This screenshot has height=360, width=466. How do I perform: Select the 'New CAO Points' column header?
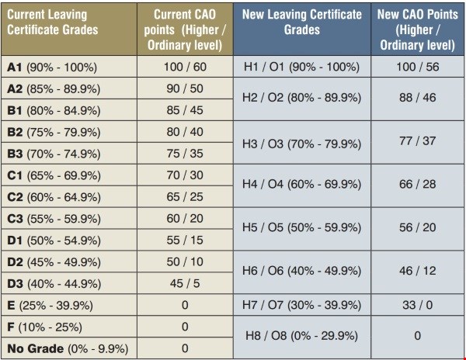coord(418,29)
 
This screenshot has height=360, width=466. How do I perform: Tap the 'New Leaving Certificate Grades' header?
coord(302,22)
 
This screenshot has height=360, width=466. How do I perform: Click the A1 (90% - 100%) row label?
coord(54,67)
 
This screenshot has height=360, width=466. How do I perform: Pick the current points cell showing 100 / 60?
coord(184,67)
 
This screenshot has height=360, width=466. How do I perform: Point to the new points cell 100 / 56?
coord(418,67)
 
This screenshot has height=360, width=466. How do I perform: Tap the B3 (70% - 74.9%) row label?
coord(54,153)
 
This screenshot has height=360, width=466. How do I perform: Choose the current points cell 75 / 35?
coord(184,153)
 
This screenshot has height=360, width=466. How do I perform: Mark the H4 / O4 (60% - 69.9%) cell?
coord(302,185)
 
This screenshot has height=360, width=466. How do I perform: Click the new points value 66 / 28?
coord(418,185)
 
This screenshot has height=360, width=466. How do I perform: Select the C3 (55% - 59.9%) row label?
coord(54,219)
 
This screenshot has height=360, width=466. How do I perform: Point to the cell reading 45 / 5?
coord(184,283)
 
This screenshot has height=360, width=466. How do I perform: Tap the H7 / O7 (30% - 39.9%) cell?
coord(302,305)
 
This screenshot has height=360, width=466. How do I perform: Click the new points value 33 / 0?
coord(418,305)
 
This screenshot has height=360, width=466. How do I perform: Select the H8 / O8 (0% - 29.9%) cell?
coord(302,337)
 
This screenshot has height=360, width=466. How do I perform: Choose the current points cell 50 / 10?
coord(184,261)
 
